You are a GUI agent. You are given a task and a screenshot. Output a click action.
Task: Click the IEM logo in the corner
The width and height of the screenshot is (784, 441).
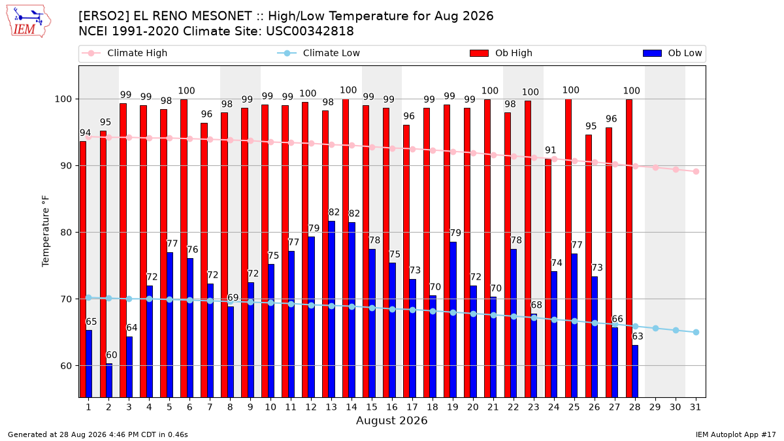[28, 22]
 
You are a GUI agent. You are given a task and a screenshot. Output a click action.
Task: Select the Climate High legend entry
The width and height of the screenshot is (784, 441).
[124, 53]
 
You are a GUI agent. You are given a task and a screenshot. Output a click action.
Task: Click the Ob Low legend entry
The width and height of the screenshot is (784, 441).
[672, 53]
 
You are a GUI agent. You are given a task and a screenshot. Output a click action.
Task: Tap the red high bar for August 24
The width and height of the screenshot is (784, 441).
[547, 278]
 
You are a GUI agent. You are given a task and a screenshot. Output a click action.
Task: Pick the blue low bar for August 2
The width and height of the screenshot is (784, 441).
[109, 380]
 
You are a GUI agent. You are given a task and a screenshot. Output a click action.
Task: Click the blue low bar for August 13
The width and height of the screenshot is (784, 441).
[332, 310]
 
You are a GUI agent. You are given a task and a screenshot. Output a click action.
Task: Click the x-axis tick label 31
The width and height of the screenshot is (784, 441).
[695, 407]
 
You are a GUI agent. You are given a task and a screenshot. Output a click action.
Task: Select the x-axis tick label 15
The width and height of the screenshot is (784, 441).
[372, 407]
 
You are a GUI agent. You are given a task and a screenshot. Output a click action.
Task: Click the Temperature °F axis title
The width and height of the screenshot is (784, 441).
[46, 231]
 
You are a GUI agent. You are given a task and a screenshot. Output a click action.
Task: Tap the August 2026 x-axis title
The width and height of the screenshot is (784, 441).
[391, 420]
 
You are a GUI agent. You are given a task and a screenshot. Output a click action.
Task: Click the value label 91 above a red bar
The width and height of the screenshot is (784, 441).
[551, 150]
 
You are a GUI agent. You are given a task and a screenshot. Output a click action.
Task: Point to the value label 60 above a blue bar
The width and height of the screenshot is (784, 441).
[111, 355]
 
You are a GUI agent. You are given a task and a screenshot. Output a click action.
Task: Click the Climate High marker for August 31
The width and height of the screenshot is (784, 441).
[696, 171]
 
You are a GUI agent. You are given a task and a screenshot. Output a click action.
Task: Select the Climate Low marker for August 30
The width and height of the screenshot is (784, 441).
[676, 331]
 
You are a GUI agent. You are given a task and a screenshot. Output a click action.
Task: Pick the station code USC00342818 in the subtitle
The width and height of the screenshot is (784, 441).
[310, 31]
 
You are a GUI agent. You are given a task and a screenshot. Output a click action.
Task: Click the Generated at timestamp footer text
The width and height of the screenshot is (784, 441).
[97, 434]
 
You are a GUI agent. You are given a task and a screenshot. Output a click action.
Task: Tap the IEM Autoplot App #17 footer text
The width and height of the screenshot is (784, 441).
[736, 434]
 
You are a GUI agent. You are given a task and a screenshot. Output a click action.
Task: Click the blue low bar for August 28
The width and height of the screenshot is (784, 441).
[635, 371]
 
